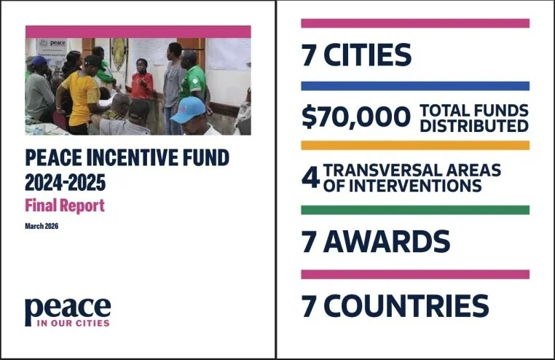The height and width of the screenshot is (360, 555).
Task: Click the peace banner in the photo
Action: click(x=52, y=45)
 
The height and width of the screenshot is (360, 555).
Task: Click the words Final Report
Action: click(x=65, y=206)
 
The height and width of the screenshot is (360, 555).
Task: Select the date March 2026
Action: click(x=42, y=226)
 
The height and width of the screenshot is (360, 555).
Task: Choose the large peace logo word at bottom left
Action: click(x=67, y=309)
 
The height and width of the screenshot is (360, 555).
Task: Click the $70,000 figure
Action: click(x=356, y=117)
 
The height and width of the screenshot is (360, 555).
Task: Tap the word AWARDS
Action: click(x=387, y=240)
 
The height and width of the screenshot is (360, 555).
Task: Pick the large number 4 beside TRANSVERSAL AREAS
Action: click(x=310, y=177)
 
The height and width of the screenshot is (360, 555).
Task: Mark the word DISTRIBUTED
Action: click(x=473, y=125)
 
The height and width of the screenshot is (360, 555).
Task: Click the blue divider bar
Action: click(x=415, y=86)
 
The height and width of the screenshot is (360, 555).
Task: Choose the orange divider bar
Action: click(x=415, y=146)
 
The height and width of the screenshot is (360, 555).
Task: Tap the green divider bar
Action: click(x=415, y=210)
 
